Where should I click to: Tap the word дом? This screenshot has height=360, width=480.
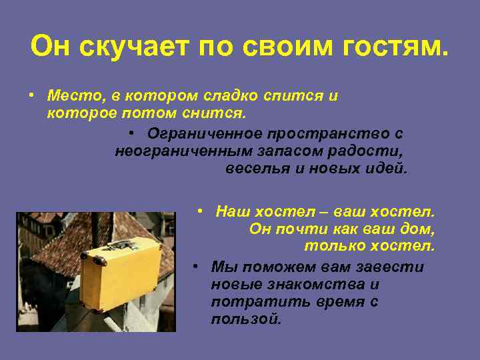pos(419,229)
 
